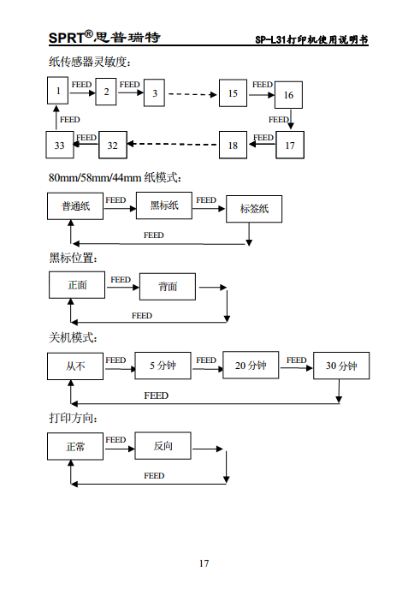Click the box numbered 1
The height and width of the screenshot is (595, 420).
point(56,91)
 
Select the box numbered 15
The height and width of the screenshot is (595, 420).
point(233,92)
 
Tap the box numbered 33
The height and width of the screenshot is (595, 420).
point(59,146)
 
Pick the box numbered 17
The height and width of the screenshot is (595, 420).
point(289,146)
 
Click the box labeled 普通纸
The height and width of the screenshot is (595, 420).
point(75,206)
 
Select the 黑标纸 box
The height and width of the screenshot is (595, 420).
point(164,205)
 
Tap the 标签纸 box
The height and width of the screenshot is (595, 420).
point(253,208)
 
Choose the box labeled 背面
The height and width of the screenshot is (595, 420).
point(168,287)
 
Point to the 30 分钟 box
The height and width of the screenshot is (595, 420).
point(341,366)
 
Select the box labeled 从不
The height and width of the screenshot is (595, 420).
point(75,366)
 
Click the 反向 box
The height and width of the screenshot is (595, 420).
point(163,446)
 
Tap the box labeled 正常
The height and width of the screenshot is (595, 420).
point(75,446)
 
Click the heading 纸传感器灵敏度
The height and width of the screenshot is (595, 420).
point(90,62)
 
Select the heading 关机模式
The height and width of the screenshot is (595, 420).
point(74,338)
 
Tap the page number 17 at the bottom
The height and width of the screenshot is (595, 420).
point(204,562)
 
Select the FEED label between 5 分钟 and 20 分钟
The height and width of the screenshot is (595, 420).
point(206,360)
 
